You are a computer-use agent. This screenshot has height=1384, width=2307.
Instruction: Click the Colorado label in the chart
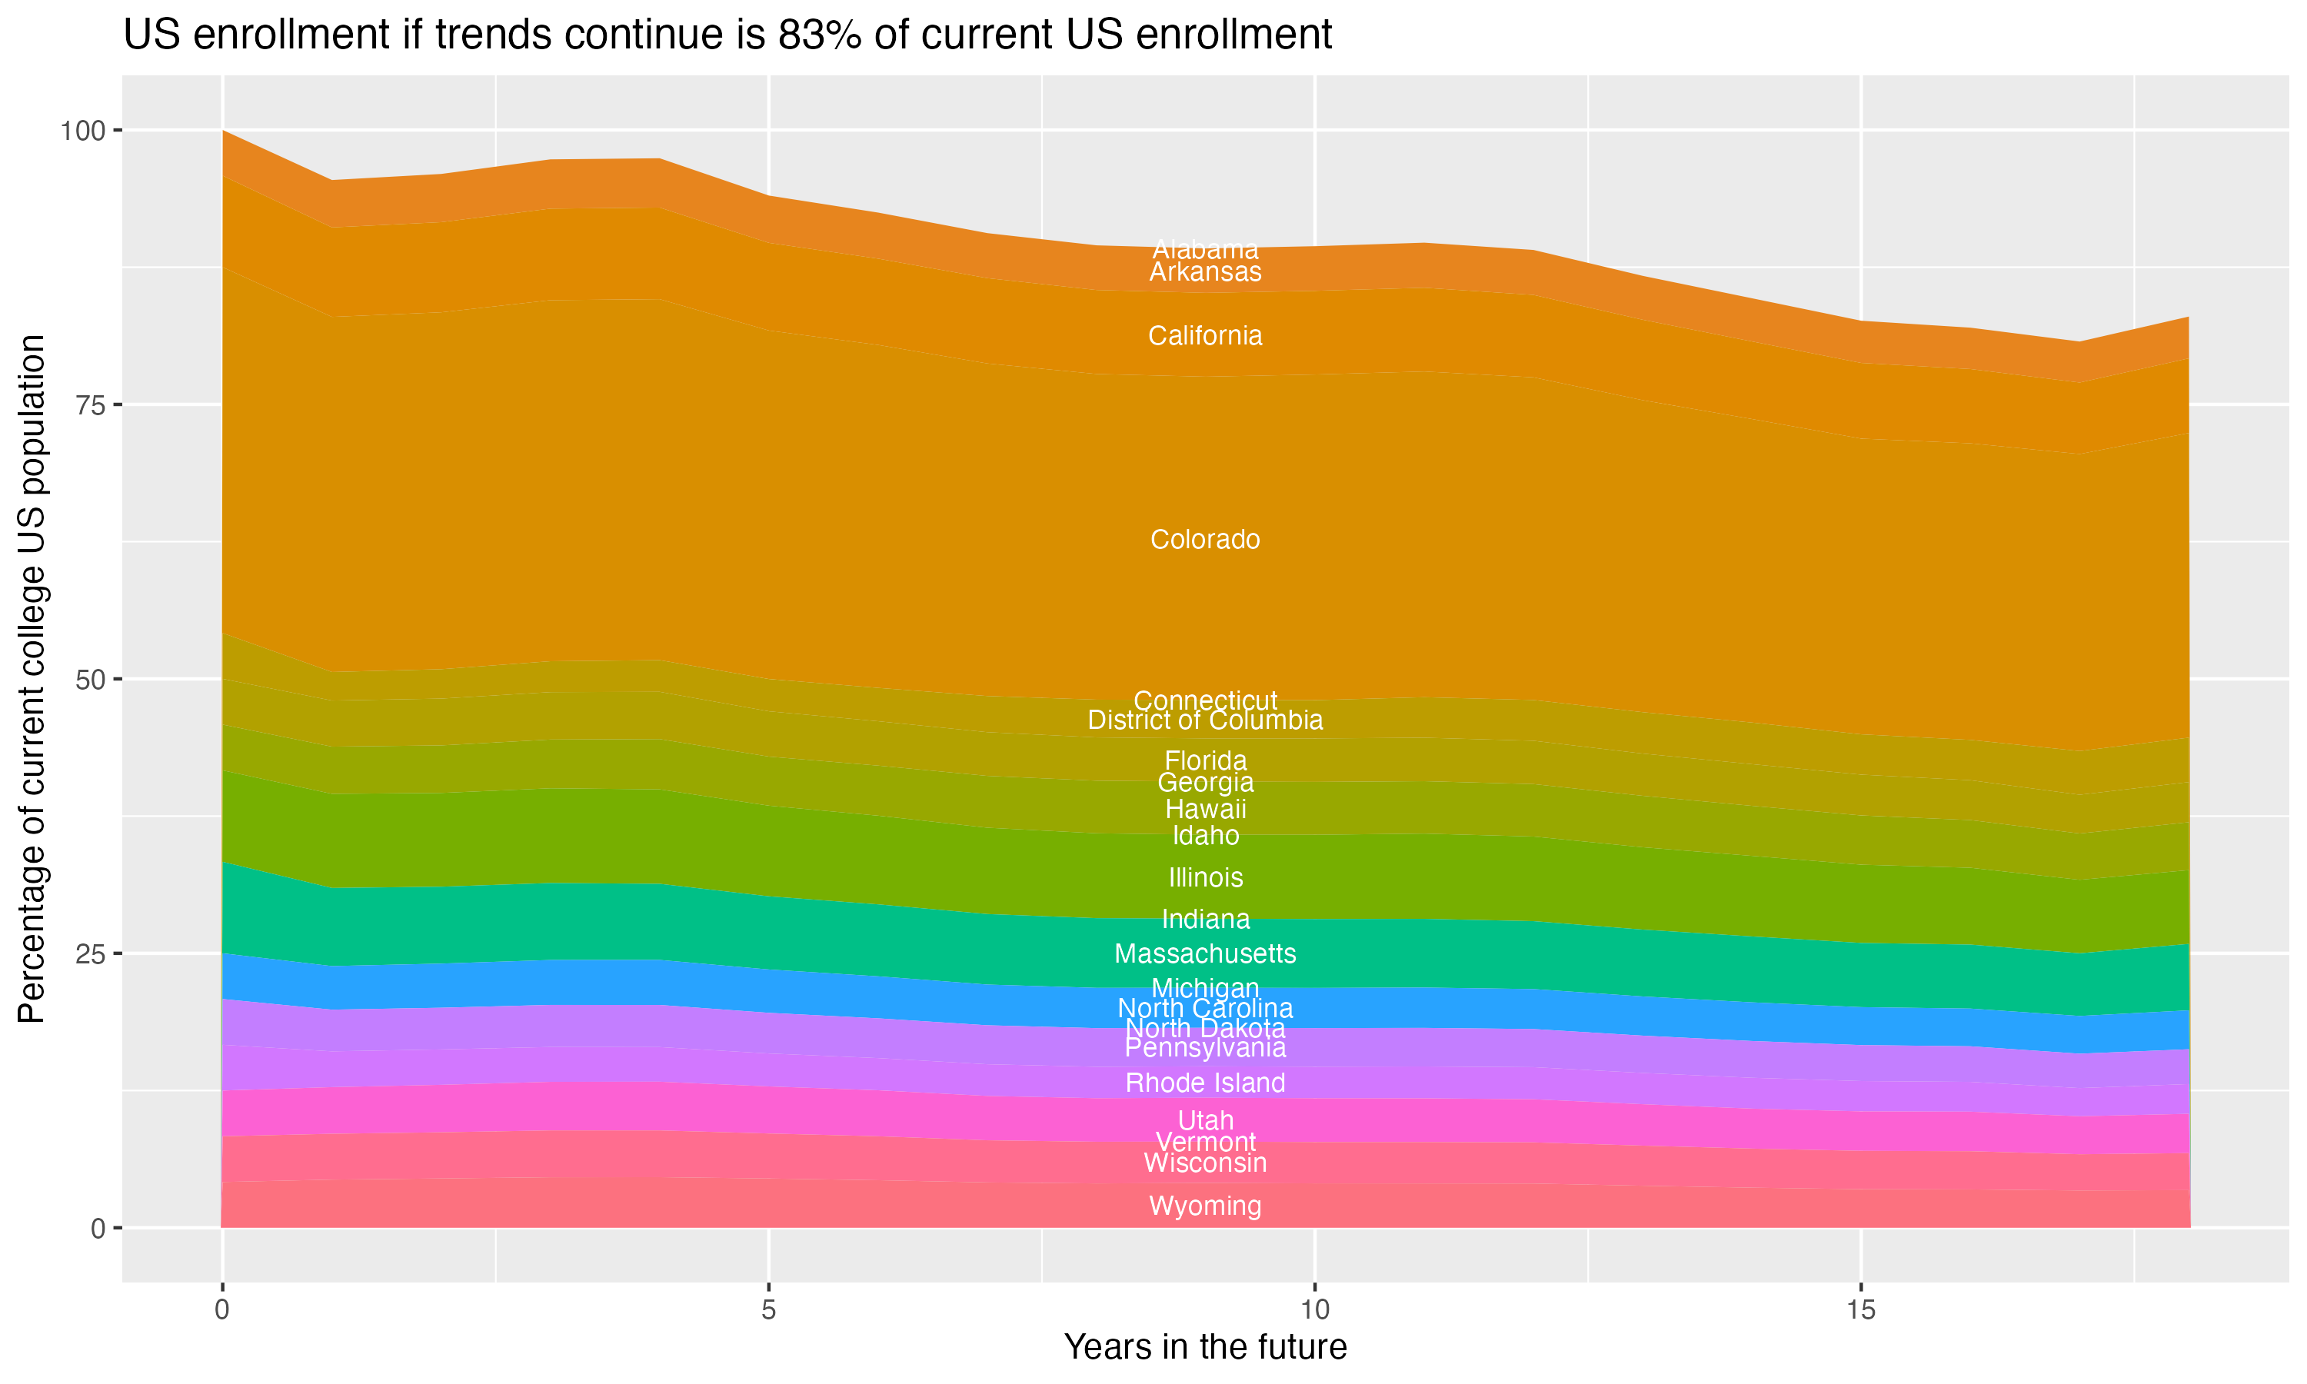[x=1205, y=540]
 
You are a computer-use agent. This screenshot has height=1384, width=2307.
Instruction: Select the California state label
[x=1205, y=336]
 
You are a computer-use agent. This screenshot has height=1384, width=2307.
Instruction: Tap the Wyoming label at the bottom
[x=1205, y=1206]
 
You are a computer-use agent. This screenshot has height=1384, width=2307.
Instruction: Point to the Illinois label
[x=1205, y=877]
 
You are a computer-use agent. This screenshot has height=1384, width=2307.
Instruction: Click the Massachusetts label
[x=1205, y=954]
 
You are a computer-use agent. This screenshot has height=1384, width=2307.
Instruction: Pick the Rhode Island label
[x=1205, y=1083]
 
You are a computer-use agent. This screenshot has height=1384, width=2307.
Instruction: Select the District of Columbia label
[x=1205, y=720]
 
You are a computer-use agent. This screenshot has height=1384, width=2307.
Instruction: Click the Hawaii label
[x=1205, y=810]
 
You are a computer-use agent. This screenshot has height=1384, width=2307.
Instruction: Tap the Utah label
[x=1205, y=1120]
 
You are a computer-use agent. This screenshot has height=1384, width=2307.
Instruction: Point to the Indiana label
[x=1205, y=920]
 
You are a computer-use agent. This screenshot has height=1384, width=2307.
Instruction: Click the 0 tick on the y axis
[x=97, y=1228]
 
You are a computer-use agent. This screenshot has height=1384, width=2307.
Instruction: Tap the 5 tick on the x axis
[x=768, y=1310]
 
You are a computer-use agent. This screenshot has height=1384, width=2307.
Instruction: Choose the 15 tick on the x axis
[x=1860, y=1310]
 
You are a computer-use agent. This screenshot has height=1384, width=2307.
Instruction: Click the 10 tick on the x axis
[x=1314, y=1310]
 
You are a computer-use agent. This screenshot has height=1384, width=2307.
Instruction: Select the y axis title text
[x=32, y=679]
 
